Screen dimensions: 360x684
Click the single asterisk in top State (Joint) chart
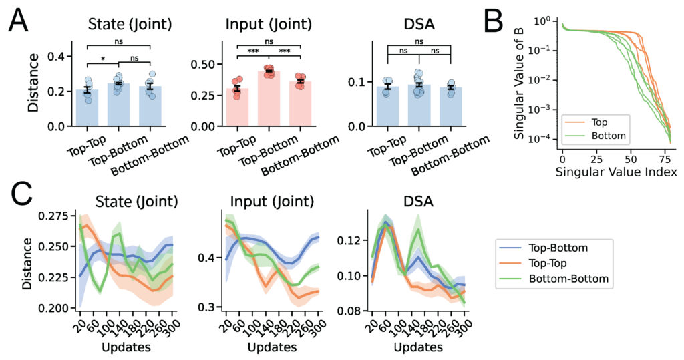(x=104, y=59)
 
